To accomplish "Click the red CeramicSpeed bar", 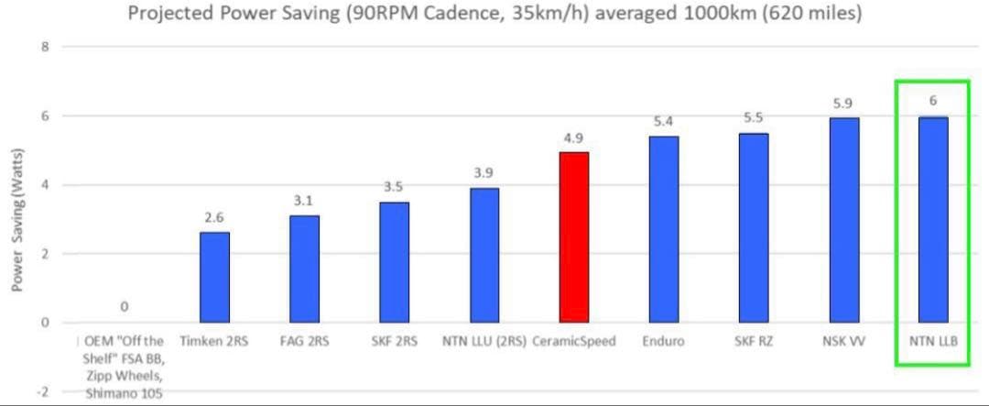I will click(x=574, y=236).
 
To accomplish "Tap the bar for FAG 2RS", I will click(x=304, y=269).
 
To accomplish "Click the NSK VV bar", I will click(x=843, y=220).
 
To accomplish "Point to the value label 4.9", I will click(x=574, y=138).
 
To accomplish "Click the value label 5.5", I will click(x=754, y=118).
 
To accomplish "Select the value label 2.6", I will click(x=214, y=218).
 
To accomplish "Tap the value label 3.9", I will click(x=484, y=173).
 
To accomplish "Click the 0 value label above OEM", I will click(x=124, y=307).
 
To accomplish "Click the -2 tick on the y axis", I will click(x=41, y=391).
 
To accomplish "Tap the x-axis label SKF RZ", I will click(x=753, y=341).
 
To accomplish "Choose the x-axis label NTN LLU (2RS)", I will click(x=484, y=341).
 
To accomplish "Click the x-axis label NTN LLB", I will click(x=933, y=341).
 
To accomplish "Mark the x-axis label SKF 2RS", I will click(x=394, y=341).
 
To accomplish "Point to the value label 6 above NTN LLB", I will click(x=932, y=101).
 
